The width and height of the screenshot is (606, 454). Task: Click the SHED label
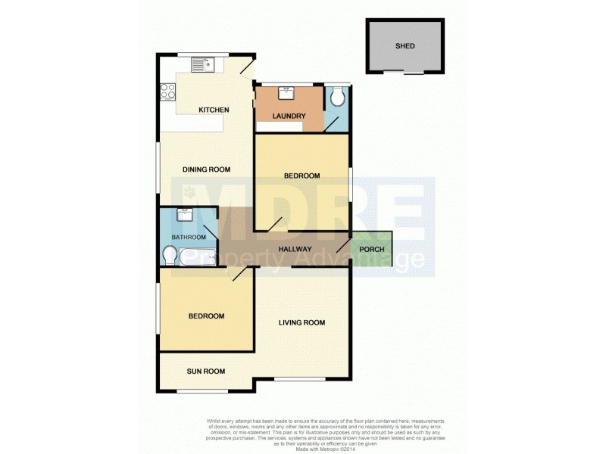405,45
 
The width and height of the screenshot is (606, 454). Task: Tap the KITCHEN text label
214,110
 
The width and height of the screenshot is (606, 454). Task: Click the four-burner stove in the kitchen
167,94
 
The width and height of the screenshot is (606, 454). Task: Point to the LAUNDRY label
289,117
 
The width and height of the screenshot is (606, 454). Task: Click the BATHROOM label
188,238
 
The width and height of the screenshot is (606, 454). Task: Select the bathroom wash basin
184,216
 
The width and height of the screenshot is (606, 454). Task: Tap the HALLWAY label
295,249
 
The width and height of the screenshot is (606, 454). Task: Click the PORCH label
372,250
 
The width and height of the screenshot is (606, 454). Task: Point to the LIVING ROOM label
301,323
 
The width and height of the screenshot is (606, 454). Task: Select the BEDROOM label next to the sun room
205,316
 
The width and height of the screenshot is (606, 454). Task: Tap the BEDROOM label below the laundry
301,176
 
